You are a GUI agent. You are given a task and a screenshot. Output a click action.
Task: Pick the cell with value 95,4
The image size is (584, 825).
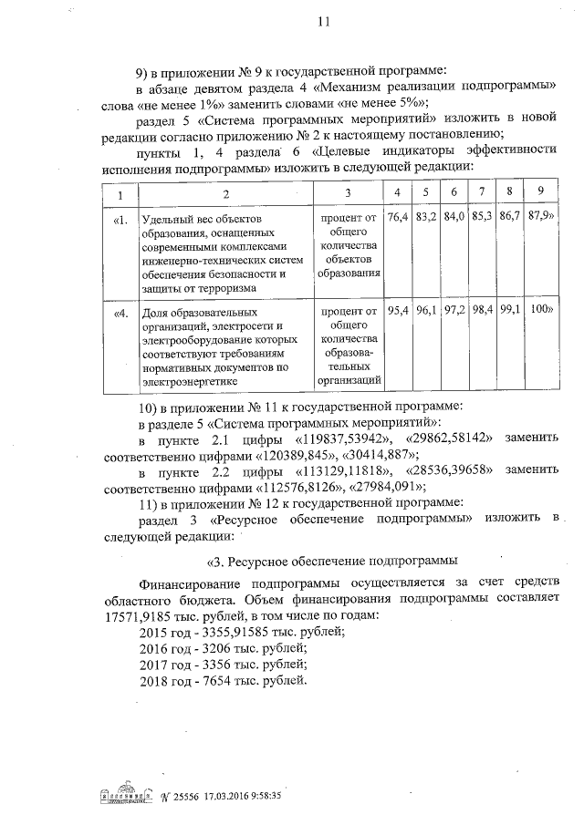(x=397, y=311)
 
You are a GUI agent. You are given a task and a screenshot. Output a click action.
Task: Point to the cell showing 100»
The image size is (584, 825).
(x=542, y=311)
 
